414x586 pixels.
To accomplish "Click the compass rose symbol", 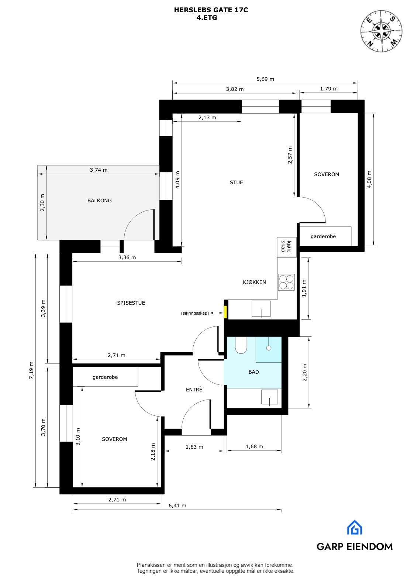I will (x=381, y=30).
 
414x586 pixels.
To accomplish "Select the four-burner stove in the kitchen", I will (x=286, y=282).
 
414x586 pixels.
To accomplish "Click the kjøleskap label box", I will (x=287, y=247).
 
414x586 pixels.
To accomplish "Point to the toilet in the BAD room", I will (x=241, y=345).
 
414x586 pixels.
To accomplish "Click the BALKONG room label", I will (x=99, y=201).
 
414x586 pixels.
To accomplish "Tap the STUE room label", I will (x=236, y=182).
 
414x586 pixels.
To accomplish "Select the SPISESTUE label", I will (x=131, y=303).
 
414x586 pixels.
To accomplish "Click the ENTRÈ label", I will (x=194, y=390).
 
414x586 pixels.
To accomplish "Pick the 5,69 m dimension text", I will (x=265, y=79).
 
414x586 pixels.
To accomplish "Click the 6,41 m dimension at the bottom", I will (x=177, y=506).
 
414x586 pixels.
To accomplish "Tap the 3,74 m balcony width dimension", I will (x=99, y=170).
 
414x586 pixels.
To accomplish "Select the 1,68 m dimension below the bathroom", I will (x=254, y=446).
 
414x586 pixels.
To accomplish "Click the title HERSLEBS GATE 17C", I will (x=211, y=10).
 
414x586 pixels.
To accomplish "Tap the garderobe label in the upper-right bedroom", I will (x=323, y=236).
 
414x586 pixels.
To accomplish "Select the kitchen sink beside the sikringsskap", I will (x=261, y=309).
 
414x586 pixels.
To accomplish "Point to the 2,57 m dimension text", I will (x=290, y=155).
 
